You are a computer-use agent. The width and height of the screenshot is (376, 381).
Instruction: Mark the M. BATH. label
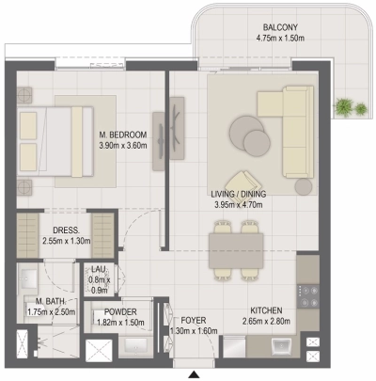[43, 301]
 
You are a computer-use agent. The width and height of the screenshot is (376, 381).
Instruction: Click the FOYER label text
[194, 321]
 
